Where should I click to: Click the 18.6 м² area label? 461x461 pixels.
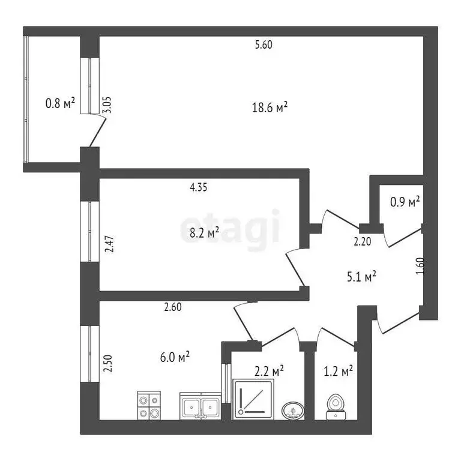(x=270, y=107)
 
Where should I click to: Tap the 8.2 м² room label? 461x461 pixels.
(x=205, y=232)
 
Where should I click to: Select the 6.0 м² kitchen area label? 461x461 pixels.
(x=176, y=357)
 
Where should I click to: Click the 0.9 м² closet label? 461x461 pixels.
(x=405, y=202)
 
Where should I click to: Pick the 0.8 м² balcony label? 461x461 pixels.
(x=60, y=104)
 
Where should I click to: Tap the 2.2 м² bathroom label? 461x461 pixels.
(x=270, y=371)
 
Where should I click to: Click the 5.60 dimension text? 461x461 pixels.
(x=264, y=44)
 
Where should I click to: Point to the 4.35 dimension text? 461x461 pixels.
(x=199, y=187)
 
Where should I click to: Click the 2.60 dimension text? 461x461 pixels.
(x=173, y=307)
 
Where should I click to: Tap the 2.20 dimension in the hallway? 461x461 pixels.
(x=363, y=243)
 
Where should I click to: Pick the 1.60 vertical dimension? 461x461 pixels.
(x=420, y=265)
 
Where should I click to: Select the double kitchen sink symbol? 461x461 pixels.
(x=200, y=406)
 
